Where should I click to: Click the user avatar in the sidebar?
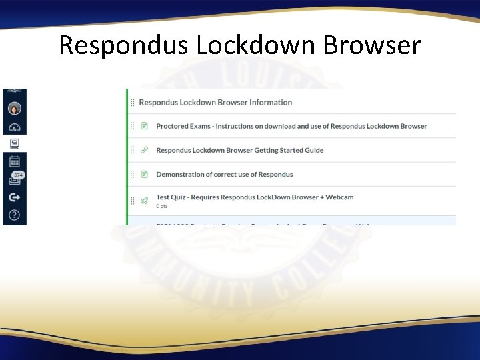tap(15, 109)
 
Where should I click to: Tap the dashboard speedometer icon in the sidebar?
tap(15, 127)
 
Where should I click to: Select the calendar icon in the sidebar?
tap(15, 161)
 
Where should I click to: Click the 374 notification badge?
tap(18, 175)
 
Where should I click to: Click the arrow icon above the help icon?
tap(15, 197)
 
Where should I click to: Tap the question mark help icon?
tap(15, 215)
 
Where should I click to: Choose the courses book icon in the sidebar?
tap(15, 143)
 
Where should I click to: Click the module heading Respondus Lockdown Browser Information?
tap(215, 103)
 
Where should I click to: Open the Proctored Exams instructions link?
tap(291, 126)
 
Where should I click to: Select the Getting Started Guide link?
tap(239, 150)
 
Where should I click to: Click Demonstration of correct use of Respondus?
tap(224, 174)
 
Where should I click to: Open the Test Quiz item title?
tap(255, 197)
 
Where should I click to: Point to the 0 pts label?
tap(162, 206)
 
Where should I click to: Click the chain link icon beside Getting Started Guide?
tap(144, 150)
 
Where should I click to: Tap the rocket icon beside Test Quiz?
tap(144, 200)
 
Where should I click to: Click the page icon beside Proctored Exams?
tap(144, 126)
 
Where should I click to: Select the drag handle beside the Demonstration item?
tap(132, 174)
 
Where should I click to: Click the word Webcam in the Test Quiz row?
tap(341, 197)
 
